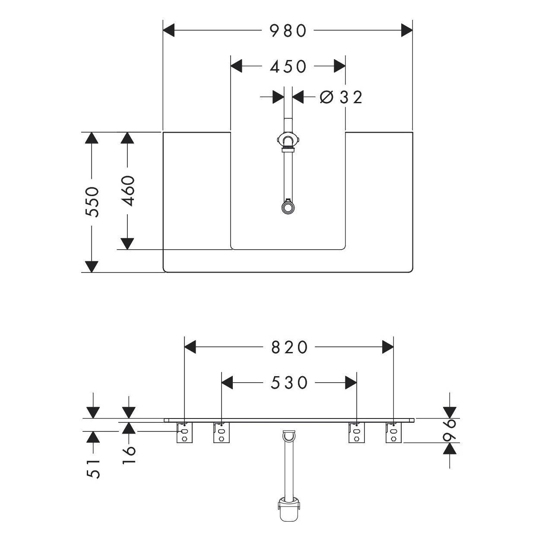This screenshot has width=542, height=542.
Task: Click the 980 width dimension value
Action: (x=288, y=31)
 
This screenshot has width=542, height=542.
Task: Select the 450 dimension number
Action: (x=288, y=67)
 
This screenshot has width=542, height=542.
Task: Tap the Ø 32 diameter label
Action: (x=341, y=98)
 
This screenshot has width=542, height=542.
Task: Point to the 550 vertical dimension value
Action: (x=92, y=202)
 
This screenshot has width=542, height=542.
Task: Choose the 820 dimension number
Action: (x=289, y=347)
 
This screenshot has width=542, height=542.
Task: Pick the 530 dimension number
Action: (x=289, y=383)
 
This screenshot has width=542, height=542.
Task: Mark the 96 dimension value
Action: (x=450, y=430)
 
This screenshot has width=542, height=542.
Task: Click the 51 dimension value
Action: (x=93, y=468)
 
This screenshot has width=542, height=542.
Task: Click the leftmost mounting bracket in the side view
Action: (x=184, y=433)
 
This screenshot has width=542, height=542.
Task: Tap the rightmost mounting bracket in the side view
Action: (x=393, y=433)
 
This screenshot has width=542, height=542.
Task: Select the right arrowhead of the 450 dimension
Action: (x=339, y=67)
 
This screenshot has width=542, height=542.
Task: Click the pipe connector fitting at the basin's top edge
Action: (x=287, y=142)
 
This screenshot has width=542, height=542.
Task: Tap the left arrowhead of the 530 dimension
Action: (x=227, y=383)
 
